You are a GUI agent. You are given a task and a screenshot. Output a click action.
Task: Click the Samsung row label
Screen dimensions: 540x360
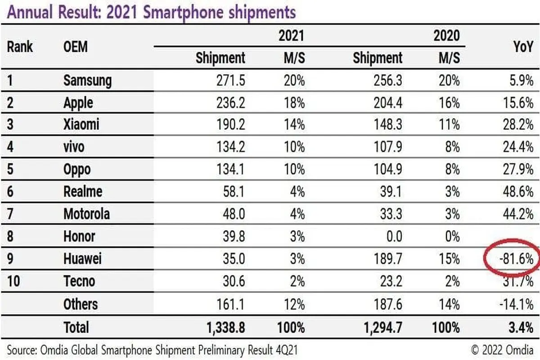(x=87, y=81)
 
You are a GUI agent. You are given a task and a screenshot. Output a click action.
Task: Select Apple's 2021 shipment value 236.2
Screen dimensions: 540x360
(x=231, y=103)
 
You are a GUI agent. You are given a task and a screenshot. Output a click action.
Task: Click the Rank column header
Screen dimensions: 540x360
(x=20, y=46)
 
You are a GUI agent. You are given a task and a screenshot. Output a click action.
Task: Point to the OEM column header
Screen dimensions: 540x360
(x=76, y=46)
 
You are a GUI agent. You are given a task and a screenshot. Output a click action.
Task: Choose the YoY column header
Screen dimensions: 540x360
(x=523, y=46)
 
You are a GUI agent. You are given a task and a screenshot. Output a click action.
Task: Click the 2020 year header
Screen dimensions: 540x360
(x=447, y=36)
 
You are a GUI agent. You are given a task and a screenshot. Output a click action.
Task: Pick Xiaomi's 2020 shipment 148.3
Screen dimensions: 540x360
(x=388, y=125)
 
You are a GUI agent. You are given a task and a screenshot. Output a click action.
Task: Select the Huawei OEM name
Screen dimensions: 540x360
(x=82, y=259)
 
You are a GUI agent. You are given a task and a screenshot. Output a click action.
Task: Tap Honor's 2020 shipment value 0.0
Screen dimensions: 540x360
(x=394, y=236)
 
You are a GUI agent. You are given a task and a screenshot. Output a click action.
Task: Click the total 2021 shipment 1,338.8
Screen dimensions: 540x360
(x=225, y=328)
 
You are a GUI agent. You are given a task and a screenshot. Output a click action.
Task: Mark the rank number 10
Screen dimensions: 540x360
(x=13, y=281)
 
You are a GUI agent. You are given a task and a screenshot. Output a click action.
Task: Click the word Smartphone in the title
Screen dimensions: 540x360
(x=184, y=13)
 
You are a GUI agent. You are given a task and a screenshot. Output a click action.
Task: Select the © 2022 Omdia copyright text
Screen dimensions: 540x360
(x=502, y=350)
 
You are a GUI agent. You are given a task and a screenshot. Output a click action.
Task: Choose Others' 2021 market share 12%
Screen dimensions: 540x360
(x=294, y=304)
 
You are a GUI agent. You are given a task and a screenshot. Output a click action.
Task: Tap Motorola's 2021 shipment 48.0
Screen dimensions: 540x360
(x=234, y=214)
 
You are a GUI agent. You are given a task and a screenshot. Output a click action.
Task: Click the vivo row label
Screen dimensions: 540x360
(x=74, y=147)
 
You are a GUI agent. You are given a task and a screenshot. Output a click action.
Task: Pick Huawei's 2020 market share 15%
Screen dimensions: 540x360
(x=450, y=259)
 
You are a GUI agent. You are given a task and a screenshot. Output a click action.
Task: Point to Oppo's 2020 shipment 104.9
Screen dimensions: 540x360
(x=388, y=169)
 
